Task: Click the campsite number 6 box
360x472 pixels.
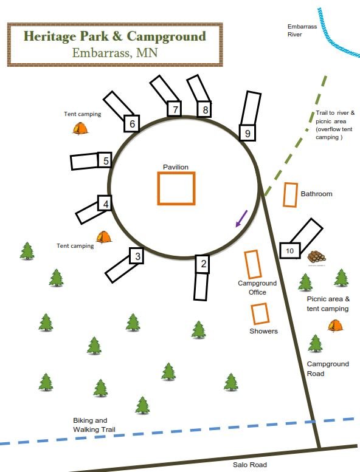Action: coord(131,123)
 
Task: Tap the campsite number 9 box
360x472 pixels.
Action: coord(247,133)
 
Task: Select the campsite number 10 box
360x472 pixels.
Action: coord(290,250)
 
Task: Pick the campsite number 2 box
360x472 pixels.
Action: coord(202,264)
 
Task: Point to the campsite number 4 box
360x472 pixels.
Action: coord(105,203)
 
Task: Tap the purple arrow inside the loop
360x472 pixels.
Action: coord(241,219)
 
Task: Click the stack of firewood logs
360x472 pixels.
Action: coord(316,257)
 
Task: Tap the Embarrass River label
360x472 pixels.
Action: coord(302,30)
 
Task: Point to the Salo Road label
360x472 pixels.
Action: coord(250,465)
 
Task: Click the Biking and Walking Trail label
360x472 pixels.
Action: coord(94,425)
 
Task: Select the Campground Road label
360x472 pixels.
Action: coord(328,369)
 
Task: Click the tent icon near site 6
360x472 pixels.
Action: coord(80,128)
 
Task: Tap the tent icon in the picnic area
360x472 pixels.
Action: coord(335,326)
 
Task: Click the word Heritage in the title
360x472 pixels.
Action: coord(50,36)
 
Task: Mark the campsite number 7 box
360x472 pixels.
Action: coord(175,109)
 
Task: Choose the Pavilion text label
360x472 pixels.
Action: coord(176,167)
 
